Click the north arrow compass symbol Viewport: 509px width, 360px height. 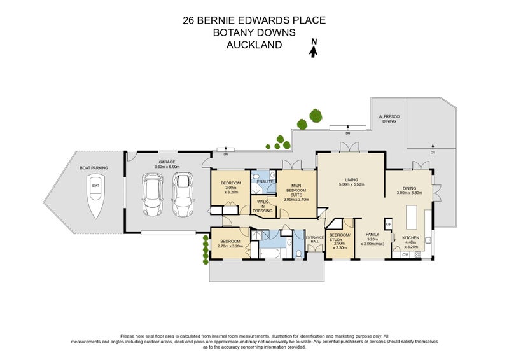(x=313, y=48)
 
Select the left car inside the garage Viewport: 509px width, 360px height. (x=153, y=196)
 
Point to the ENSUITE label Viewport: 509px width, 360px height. (x=265, y=181)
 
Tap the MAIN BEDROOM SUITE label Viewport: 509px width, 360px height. (x=296, y=192)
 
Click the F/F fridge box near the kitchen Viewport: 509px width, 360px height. (x=387, y=224)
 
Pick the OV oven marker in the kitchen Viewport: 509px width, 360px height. (x=405, y=254)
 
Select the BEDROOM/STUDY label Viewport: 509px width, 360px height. (x=338, y=239)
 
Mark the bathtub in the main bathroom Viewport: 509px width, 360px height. (x=270, y=254)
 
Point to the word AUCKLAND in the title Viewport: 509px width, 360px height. (x=254, y=45)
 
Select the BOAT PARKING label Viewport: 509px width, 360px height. (x=94, y=168)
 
